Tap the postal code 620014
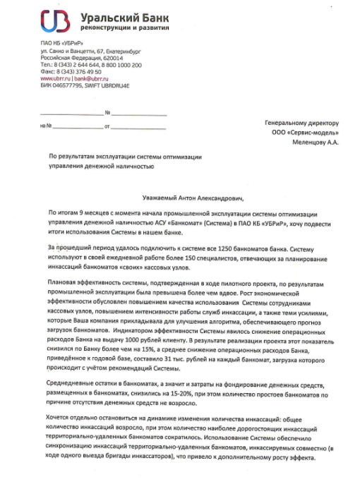[x=121, y=58]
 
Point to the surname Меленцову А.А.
[x=316, y=141]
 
